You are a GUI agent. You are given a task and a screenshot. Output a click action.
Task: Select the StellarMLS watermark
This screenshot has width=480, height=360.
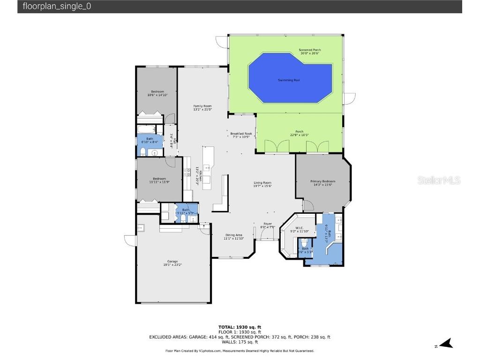click(439, 180)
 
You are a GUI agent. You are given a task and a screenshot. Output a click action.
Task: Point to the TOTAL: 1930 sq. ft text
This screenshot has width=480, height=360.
click(240, 327)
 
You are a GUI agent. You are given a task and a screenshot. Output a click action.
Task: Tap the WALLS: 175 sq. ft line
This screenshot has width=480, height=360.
click(240, 342)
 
